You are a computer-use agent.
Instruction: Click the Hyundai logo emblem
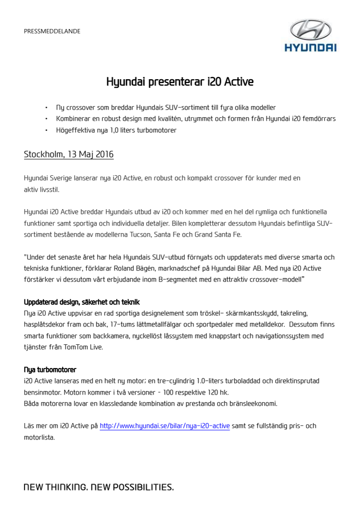pyautogui.click(x=310, y=29)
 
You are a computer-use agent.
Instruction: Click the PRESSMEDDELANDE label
pyautogui.click(x=52, y=31)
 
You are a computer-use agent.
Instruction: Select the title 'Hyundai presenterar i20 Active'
pyautogui.click(x=180, y=82)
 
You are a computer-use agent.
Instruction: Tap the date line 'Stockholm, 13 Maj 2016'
pyautogui.click(x=69, y=155)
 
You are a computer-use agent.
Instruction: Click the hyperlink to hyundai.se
pyautogui.click(x=165, y=426)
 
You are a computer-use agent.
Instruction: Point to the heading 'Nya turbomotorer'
pyautogui.click(x=50, y=370)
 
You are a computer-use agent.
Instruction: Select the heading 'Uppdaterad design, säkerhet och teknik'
pyautogui.click(x=82, y=302)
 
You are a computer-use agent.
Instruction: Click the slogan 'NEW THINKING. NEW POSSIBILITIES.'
pyautogui.click(x=98, y=487)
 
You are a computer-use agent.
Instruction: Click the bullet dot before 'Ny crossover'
pyautogui.click(x=47, y=108)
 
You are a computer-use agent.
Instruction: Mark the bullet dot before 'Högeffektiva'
pyautogui.click(x=47, y=130)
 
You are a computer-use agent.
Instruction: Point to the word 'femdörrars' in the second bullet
pyautogui.click(x=318, y=119)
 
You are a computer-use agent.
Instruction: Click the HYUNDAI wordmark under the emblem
pyautogui.click(x=310, y=47)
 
